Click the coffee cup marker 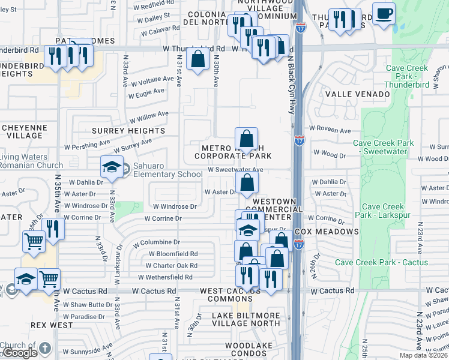[x=384, y=13]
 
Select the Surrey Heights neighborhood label [x=128, y=131]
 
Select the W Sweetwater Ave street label [x=235, y=170]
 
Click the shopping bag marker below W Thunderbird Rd [x=198, y=60]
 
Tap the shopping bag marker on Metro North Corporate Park [x=246, y=140]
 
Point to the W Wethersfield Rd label [x=165, y=277]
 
